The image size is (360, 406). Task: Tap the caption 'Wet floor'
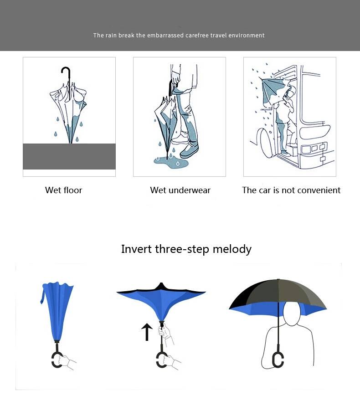(63, 190)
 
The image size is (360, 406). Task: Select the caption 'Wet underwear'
(180, 190)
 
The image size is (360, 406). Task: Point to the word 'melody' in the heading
(232, 249)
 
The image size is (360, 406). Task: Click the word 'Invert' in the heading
(136, 249)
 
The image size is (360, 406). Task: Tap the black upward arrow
(147, 332)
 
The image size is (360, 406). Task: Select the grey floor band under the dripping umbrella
(69, 156)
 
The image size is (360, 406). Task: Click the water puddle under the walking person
(171, 162)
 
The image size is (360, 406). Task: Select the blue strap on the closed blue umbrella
(43, 294)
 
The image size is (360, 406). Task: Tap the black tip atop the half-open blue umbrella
(161, 286)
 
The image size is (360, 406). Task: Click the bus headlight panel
(314, 149)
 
